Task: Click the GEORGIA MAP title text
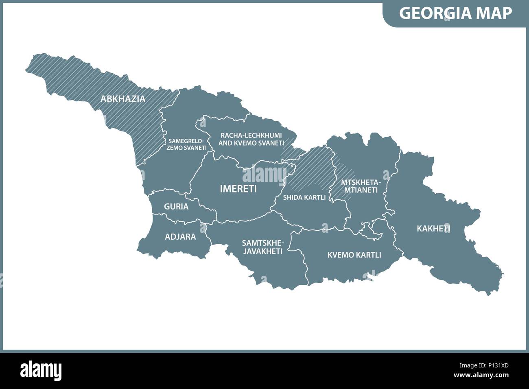pyautogui.click(x=455, y=13)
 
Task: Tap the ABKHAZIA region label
pyautogui.click(x=123, y=99)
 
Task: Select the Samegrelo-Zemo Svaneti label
pyautogui.click(x=186, y=144)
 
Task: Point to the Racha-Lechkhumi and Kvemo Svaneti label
pyautogui.click(x=251, y=139)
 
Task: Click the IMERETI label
pyautogui.click(x=238, y=189)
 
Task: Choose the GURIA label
pyautogui.click(x=176, y=207)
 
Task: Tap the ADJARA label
pyautogui.click(x=180, y=236)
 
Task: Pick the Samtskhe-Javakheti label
pyautogui.click(x=262, y=247)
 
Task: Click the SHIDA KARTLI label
pyautogui.click(x=304, y=197)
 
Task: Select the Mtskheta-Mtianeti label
pyautogui.click(x=359, y=186)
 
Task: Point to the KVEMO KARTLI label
pyautogui.click(x=354, y=255)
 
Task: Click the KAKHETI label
pyautogui.click(x=433, y=229)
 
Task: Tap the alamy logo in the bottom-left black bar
pyautogui.click(x=41, y=370)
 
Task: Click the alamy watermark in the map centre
pyautogui.click(x=264, y=175)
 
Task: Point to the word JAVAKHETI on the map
pyautogui.click(x=262, y=251)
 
